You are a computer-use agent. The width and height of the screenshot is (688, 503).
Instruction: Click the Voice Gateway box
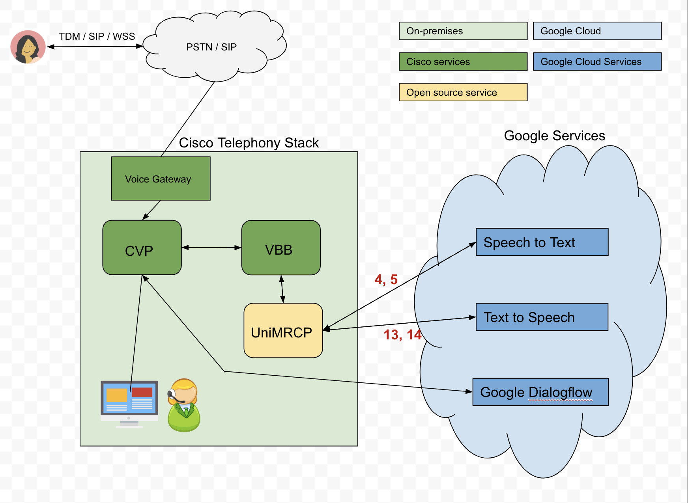tap(161, 179)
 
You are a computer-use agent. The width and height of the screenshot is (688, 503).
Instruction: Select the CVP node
tap(142, 248)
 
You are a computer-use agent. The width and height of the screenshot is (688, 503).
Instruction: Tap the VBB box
tap(281, 248)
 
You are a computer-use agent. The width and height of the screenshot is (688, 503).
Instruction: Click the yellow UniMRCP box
tap(283, 330)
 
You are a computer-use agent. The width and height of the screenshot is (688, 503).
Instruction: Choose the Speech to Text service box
tap(542, 242)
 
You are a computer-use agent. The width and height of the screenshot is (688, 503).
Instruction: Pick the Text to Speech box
tap(542, 317)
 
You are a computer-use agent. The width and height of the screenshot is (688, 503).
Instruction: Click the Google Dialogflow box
tap(540, 392)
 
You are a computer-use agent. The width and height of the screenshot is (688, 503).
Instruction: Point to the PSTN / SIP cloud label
tap(211, 47)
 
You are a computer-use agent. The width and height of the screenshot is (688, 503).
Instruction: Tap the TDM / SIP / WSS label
tap(97, 36)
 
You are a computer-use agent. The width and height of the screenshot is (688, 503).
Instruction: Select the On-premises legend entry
tap(463, 31)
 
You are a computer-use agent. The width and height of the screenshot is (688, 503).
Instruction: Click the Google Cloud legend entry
tap(597, 31)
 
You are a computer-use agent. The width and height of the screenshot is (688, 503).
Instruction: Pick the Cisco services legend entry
tap(463, 62)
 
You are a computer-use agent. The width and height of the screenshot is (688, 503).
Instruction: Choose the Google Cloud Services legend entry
tap(597, 62)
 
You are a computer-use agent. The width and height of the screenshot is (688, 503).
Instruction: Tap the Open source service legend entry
tap(463, 92)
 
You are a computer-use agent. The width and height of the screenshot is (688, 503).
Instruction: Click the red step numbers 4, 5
tap(386, 279)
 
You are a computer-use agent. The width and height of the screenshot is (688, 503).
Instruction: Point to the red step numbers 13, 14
tap(402, 335)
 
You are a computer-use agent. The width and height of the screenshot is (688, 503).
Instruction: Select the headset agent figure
tap(183, 405)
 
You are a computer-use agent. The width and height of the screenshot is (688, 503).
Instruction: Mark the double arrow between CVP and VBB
tap(211, 248)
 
